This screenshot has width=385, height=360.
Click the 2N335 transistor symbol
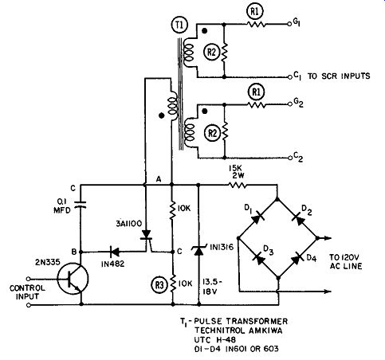tap(73, 280)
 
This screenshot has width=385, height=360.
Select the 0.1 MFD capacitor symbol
tap(81, 204)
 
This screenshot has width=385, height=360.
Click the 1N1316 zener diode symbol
tap(198, 250)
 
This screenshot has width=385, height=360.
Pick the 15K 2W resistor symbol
tap(238, 185)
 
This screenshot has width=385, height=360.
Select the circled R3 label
tap(159, 285)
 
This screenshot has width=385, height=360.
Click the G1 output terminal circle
tap(289, 24)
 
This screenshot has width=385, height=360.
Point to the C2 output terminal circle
tap(290, 158)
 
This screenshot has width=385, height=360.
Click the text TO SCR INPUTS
tap(339, 76)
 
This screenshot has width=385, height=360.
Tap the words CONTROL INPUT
tap(27, 292)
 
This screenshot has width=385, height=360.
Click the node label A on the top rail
tap(159, 179)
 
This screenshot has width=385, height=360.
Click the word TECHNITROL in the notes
tap(220, 331)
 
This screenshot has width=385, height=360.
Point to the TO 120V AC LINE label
tap(346, 262)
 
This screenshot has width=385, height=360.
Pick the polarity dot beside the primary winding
tap(161, 115)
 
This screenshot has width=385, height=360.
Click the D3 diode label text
tap(269, 250)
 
